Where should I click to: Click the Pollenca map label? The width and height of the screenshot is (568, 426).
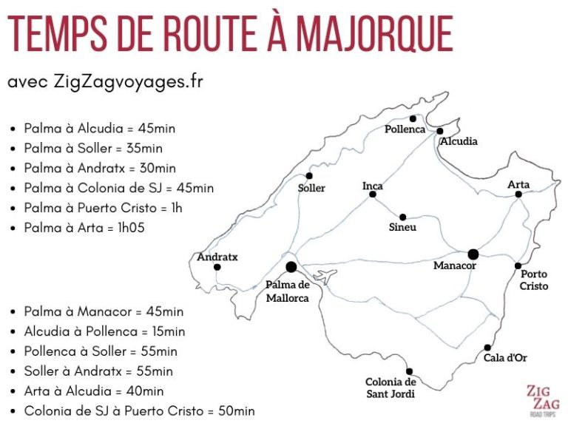(x=405, y=129)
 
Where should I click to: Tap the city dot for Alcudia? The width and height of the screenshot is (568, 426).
(x=440, y=131)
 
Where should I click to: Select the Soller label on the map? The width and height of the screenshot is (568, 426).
(x=311, y=188)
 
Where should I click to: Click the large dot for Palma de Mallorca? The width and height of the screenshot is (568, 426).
(x=291, y=267)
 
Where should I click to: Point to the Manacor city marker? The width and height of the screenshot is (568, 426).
(x=473, y=254)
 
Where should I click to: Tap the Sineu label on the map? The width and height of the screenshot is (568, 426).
(x=402, y=227)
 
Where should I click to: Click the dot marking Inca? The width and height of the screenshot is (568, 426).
(x=373, y=195)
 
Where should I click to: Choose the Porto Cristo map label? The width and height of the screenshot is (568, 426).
(x=534, y=280)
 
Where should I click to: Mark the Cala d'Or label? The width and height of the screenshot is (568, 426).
(x=504, y=358)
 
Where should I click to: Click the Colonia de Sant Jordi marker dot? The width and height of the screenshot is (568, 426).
(x=409, y=371)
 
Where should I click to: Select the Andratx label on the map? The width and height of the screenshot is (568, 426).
(x=217, y=257)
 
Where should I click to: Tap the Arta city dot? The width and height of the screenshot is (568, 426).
(x=518, y=194)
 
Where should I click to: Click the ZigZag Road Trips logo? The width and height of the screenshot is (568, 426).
(x=544, y=402)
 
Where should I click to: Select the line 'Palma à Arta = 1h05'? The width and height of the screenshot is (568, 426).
(x=84, y=228)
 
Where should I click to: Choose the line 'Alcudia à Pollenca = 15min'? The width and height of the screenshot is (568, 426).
(x=104, y=331)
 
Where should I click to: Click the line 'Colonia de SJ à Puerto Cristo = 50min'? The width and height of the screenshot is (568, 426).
(x=140, y=411)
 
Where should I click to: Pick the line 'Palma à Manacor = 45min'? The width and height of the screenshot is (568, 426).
(x=104, y=311)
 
